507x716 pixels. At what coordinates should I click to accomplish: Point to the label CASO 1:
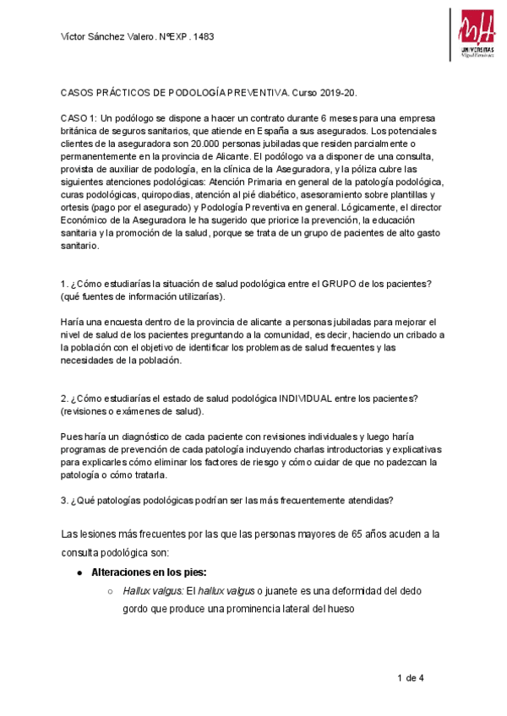(79, 119)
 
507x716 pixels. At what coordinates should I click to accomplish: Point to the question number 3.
(64, 500)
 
